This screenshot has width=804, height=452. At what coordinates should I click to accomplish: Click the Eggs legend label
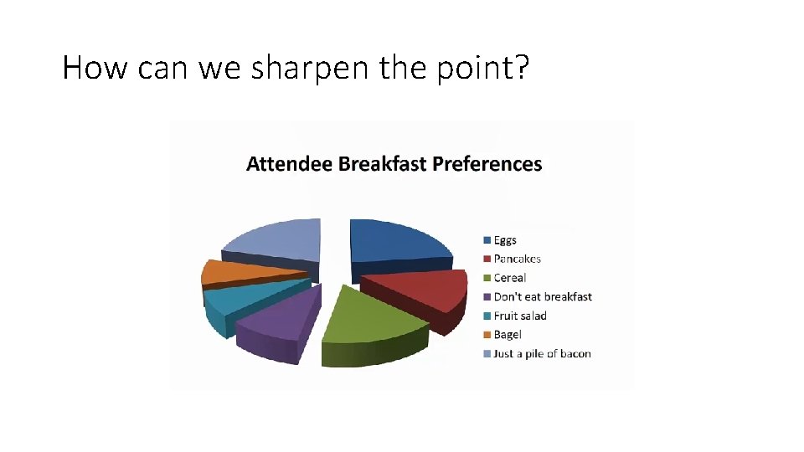click(x=505, y=240)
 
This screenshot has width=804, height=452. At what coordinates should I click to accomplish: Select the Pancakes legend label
click(x=517, y=259)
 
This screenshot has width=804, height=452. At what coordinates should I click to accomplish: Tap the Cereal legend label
click(x=509, y=278)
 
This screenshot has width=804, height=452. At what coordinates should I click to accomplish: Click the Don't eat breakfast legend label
click(x=542, y=296)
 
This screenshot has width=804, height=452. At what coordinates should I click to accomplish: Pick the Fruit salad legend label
click(x=519, y=316)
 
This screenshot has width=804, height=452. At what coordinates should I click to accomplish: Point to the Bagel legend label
click(x=507, y=335)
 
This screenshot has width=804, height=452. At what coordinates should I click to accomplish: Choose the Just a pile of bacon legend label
click(x=542, y=353)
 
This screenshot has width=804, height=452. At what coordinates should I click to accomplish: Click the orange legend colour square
click(x=487, y=335)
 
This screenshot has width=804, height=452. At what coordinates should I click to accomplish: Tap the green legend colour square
click(x=487, y=278)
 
